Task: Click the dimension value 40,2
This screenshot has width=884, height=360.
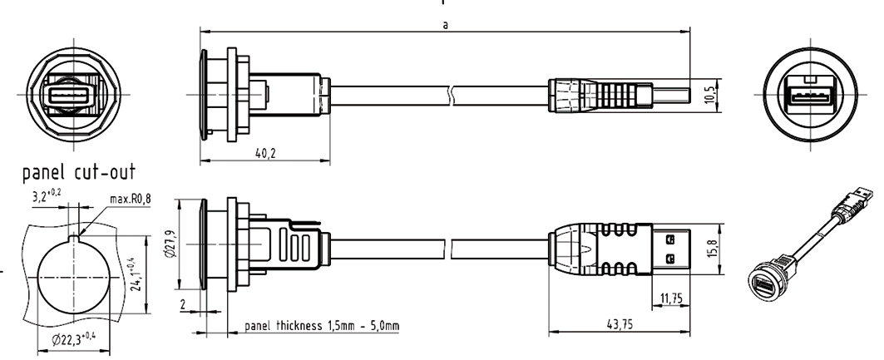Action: [265, 153]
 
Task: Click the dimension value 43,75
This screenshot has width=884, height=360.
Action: [619, 325]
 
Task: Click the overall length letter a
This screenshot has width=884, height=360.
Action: [446, 25]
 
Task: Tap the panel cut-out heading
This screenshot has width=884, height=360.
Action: [79, 172]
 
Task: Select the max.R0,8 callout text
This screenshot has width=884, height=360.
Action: [131, 199]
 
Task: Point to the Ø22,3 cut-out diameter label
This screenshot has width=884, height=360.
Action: [73, 339]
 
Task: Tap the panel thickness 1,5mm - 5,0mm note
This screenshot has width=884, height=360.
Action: [322, 326]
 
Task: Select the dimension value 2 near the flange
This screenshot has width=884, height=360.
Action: [183, 305]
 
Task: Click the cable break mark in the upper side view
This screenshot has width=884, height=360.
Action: [450, 96]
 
